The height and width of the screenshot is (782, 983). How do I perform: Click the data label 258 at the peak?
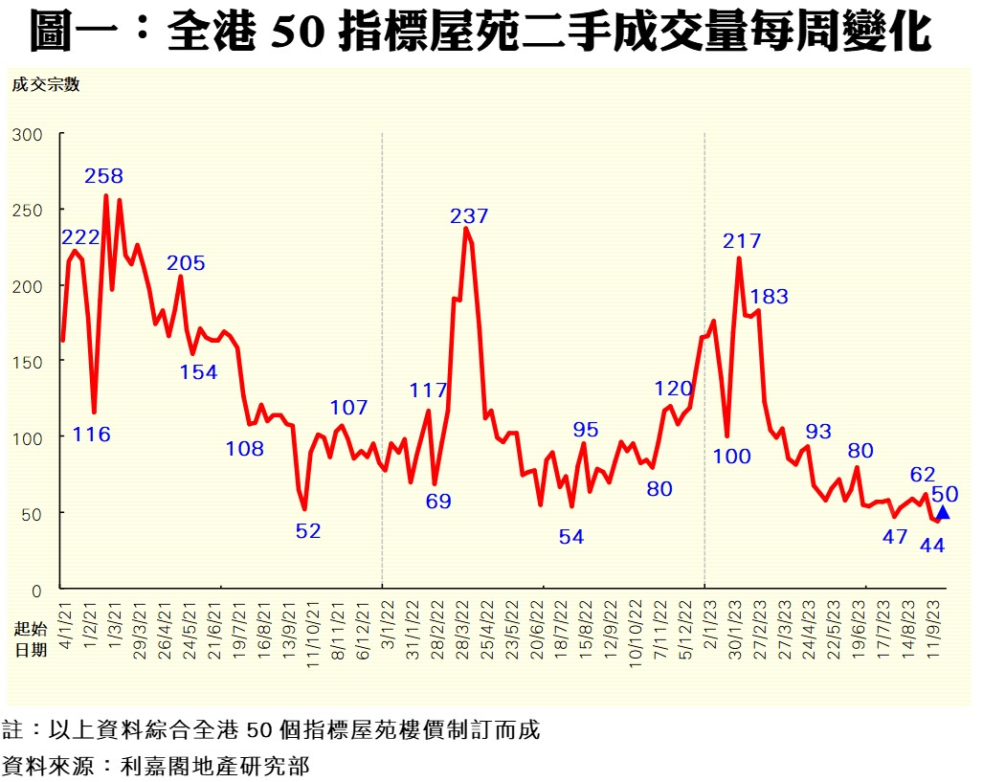[103, 176]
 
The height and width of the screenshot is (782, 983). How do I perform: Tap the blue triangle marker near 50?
[943, 513]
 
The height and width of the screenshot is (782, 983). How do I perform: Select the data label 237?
[469, 216]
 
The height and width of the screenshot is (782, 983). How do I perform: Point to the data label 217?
[743, 241]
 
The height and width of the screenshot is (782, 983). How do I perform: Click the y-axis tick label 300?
[28, 134]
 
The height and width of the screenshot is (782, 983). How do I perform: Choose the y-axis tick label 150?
[28, 361]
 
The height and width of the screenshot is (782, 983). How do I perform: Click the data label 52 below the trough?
[308, 531]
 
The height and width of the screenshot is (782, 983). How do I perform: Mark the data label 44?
[931, 546]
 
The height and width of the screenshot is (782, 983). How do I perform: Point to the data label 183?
[770, 297]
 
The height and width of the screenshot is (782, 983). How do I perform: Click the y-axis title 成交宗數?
[45, 84]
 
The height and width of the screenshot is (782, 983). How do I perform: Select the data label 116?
[92, 435]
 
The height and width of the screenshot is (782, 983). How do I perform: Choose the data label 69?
[438, 501]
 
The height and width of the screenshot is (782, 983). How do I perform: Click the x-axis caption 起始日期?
[30, 638]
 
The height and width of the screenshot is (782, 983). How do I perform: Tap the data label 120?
[673, 389]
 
